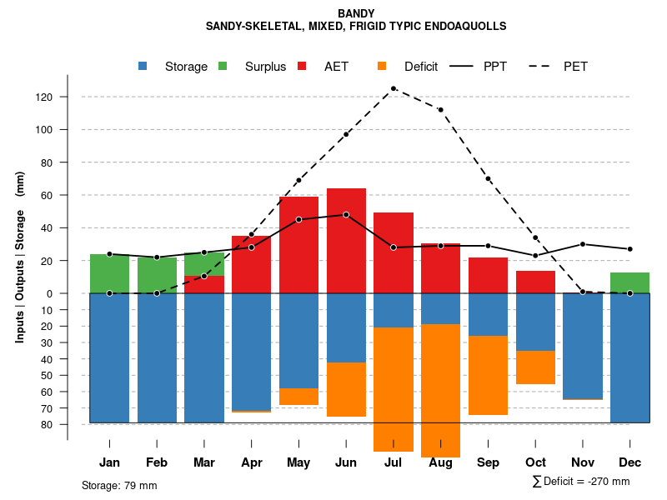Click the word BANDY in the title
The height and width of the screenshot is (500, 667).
[x=356, y=13]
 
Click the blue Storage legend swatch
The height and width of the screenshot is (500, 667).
[x=143, y=66]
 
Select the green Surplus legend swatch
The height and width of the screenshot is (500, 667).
[x=223, y=66]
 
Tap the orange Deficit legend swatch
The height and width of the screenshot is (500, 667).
[x=382, y=66]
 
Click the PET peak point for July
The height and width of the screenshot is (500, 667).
[x=393, y=87]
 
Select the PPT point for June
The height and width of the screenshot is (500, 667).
[x=346, y=214]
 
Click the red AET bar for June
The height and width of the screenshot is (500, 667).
[x=346, y=242]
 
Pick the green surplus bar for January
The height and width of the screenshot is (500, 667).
[x=109, y=273]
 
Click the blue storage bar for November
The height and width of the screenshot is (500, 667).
[x=583, y=346]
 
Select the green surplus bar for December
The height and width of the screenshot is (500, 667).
[x=629, y=282]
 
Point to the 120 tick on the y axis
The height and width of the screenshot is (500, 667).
[x=43, y=97]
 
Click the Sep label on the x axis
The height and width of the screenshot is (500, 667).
[x=488, y=462]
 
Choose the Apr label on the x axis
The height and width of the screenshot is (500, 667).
[x=252, y=462]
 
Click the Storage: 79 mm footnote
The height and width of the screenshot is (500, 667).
[x=119, y=485]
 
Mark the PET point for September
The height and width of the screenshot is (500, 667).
[x=488, y=178]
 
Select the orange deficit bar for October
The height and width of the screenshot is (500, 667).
[x=535, y=367]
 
